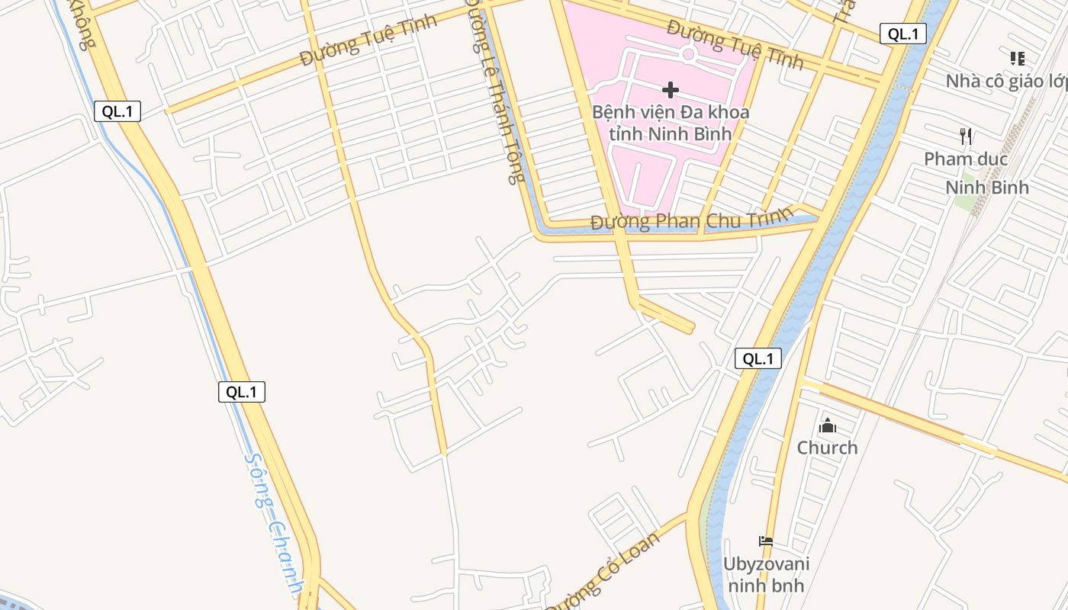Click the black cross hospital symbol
click(x=671, y=90)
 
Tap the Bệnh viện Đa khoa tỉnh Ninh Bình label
click(x=671, y=123)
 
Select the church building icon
click(x=828, y=425)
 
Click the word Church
click(x=828, y=448)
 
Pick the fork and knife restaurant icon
click(x=966, y=136)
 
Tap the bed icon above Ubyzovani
click(x=766, y=541)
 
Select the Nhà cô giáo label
click(x=1006, y=81)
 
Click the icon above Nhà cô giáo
click(x=1017, y=59)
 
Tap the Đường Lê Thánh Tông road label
click(x=496, y=91)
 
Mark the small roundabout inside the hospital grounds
click(x=688, y=53)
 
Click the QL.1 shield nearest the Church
click(x=758, y=358)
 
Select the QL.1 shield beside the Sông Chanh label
click(x=242, y=392)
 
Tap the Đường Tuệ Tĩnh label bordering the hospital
click(x=735, y=43)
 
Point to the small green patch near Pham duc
click(x=965, y=203)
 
